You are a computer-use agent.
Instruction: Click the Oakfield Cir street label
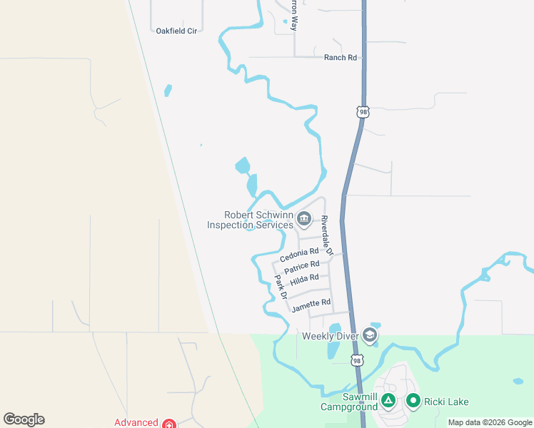[176, 31]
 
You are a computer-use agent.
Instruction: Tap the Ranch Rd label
[340, 58]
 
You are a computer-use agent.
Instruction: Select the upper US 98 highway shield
[363, 112]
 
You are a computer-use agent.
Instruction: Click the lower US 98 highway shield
[357, 360]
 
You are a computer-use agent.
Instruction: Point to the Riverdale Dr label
[326, 235]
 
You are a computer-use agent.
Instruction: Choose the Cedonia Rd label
[299, 255]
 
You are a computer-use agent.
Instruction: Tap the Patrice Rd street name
[301, 267]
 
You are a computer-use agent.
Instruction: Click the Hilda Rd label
[304, 278]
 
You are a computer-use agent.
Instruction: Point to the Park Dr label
[281, 285]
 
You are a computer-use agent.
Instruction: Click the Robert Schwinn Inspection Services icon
[304, 218]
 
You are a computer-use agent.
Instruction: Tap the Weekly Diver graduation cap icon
[369, 335]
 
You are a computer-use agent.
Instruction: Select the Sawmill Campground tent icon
[388, 401]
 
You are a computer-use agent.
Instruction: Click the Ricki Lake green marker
[413, 401]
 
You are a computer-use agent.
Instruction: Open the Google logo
[24, 419]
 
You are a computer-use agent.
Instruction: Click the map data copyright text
[490, 422]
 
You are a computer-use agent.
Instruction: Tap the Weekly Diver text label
[330, 335]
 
